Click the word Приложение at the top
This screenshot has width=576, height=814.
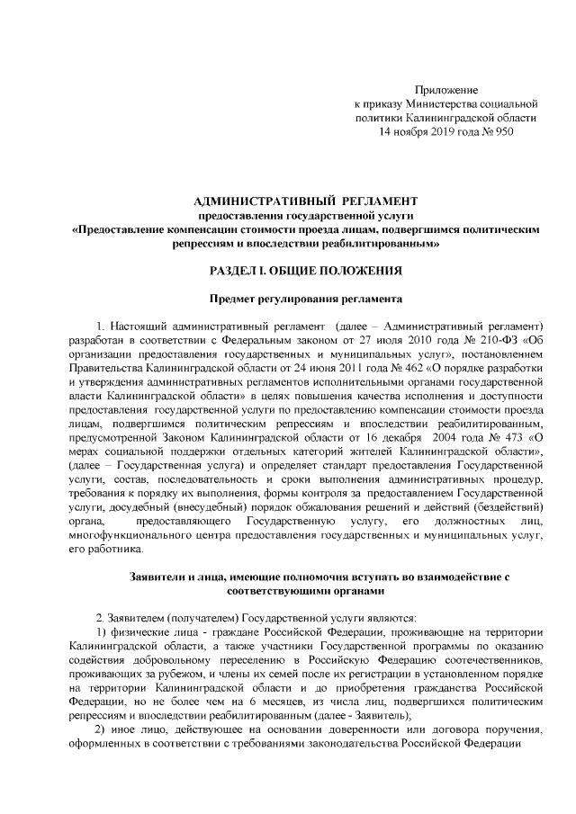click(x=445, y=90)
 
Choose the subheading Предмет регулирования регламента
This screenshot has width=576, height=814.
click(x=306, y=299)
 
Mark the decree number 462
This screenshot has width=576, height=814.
click(x=366, y=368)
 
